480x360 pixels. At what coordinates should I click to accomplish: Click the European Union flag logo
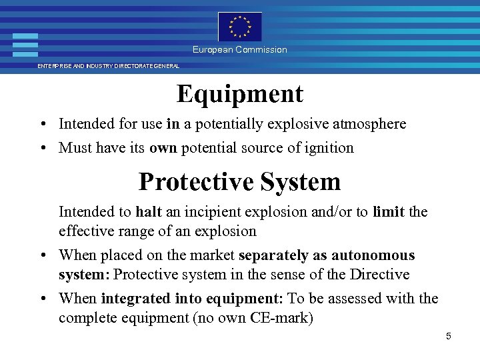(x=240, y=27)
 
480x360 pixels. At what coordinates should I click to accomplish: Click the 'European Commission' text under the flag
(x=240, y=50)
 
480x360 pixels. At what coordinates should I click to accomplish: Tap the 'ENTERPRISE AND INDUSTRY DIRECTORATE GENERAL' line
(x=108, y=66)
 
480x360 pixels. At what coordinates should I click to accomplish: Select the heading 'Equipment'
(x=240, y=94)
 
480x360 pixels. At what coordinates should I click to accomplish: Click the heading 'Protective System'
(x=240, y=181)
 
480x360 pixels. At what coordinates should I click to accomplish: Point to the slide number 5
(x=449, y=336)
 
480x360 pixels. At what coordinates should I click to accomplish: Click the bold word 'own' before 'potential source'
(x=163, y=147)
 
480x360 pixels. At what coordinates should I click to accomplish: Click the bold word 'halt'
(x=149, y=212)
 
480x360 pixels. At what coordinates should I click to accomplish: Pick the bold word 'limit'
(x=389, y=212)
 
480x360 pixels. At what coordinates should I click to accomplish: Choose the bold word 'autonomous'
(x=374, y=255)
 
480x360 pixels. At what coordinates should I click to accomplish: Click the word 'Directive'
(x=379, y=275)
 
